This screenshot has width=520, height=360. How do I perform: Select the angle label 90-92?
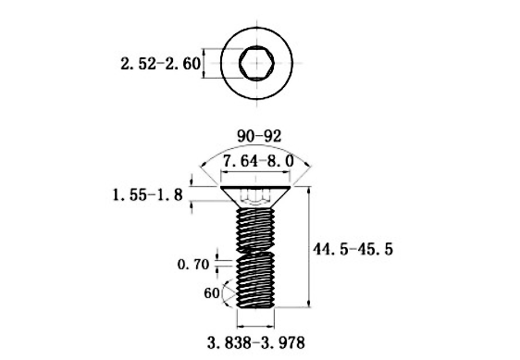(x=259, y=135)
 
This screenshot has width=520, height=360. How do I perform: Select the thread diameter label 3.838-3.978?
(x=256, y=341)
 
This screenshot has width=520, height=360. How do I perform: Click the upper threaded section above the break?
(x=254, y=227)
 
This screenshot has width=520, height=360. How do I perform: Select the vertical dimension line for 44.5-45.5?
(x=308, y=246)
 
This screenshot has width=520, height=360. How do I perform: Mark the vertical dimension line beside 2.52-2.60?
(x=220, y=64)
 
